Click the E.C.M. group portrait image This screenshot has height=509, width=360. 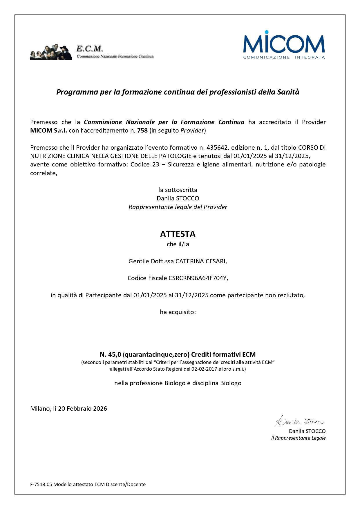(51, 52)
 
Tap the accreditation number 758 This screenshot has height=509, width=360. (142, 131)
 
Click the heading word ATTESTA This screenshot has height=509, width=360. (178, 234)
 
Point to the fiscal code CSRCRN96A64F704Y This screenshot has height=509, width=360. (198, 278)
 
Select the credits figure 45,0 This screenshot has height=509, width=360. (115, 354)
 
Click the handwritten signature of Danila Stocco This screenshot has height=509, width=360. (299, 421)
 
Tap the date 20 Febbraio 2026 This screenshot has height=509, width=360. (82, 409)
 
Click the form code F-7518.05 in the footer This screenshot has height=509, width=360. (41, 484)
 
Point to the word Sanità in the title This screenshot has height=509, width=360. (288, 92)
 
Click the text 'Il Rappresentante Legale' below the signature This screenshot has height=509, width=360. (298, 438)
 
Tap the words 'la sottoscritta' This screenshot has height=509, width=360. (178, 190)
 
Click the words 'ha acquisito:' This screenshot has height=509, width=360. (178, 312)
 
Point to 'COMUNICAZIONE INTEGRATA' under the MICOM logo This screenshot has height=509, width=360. (284, 57)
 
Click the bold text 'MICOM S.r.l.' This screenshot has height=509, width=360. (48, 131)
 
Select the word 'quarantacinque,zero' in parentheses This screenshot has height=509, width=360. (157, 354)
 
